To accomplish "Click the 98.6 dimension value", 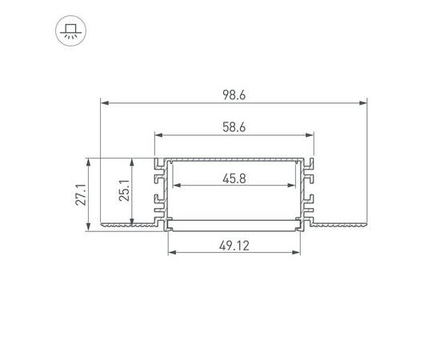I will tap(233, 94).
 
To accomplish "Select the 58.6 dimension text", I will tap(233, 126).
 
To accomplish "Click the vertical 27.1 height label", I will tap(82, 195).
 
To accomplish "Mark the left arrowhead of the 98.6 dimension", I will tap(103, 103).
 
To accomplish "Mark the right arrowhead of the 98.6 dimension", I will tap(363, 103).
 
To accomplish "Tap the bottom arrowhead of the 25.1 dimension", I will tap(133, 223).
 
